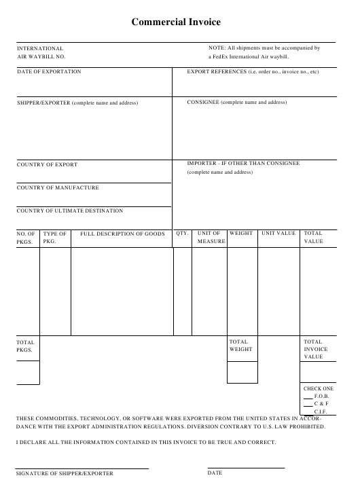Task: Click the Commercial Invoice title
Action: tap(176, 22)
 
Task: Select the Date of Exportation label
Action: tap(49, 71)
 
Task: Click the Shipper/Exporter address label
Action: tap(77, 103)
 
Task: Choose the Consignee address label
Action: tap(237, 102)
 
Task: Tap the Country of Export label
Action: tap(48, 164)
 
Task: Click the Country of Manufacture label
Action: tap(58, 187)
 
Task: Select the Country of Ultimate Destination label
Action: tap(70, 210)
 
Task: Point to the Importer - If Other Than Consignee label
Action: tap(243, 164)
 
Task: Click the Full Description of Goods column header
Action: tap(122, 234)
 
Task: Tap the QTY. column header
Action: tap(182, 234)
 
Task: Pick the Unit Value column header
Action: tap(278, 234)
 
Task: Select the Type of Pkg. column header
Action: tap(55, 237)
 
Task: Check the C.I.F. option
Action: tap(308, 411)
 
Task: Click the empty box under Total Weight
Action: tap(242, 372)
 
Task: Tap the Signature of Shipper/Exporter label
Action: tap(65, 473)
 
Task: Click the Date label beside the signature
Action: tap(215, 472)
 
